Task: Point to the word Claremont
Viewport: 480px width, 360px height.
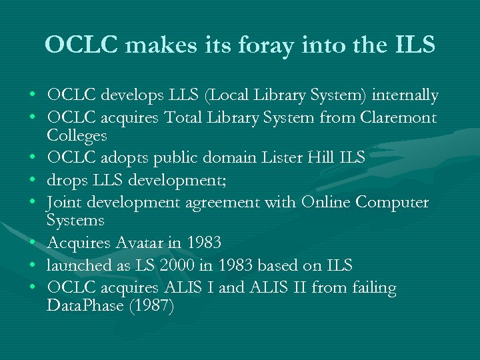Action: (x=399, y=119)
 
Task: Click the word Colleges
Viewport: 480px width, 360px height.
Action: (x=77, y=136)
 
